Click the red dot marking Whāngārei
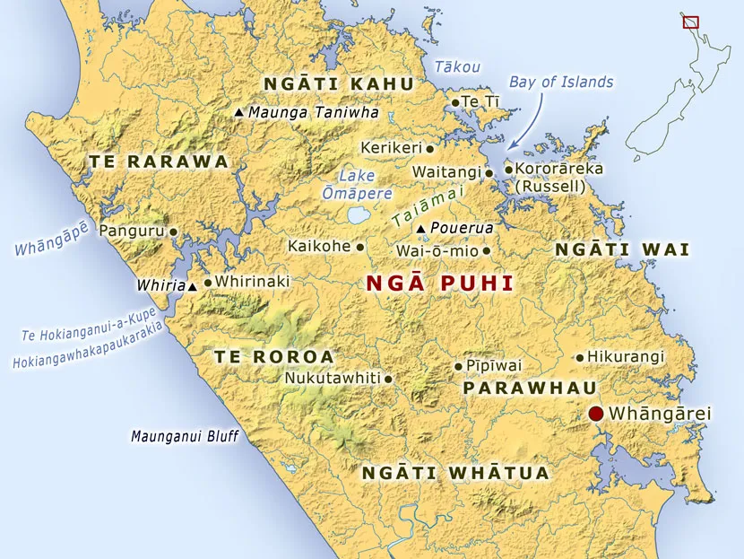point(595,414)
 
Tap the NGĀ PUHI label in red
point(439,284)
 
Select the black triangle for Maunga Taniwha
point(238,113)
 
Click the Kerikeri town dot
point(429,148)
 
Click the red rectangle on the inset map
point(689,21)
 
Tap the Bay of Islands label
point(561,82)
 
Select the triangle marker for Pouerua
point(421,229)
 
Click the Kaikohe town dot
point(360,246)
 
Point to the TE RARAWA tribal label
point(159,162)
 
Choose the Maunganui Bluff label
point(185,438)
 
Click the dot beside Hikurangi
point(580,357)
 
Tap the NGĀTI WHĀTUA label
point(454,473)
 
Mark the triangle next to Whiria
point(193,286)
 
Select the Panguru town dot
point(173,231)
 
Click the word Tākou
point(457,66)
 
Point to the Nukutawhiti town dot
point(388,379)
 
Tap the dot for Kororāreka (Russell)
point(508,169)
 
